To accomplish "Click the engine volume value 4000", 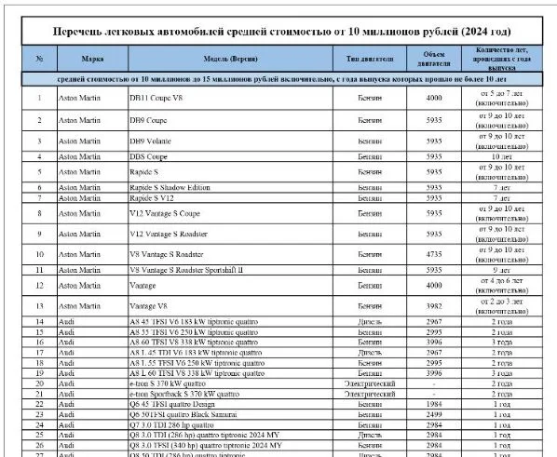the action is point(433,98).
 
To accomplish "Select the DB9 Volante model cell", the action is point(152,141).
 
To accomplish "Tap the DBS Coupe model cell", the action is point(149,157).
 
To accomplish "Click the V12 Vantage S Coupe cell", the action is point(168,213).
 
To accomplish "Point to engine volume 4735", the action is point(433,252).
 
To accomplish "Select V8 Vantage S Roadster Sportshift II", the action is point(186,270).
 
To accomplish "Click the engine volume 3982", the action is point(433,306).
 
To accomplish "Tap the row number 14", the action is point(40,321).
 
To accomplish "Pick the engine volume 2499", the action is point(433,414).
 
